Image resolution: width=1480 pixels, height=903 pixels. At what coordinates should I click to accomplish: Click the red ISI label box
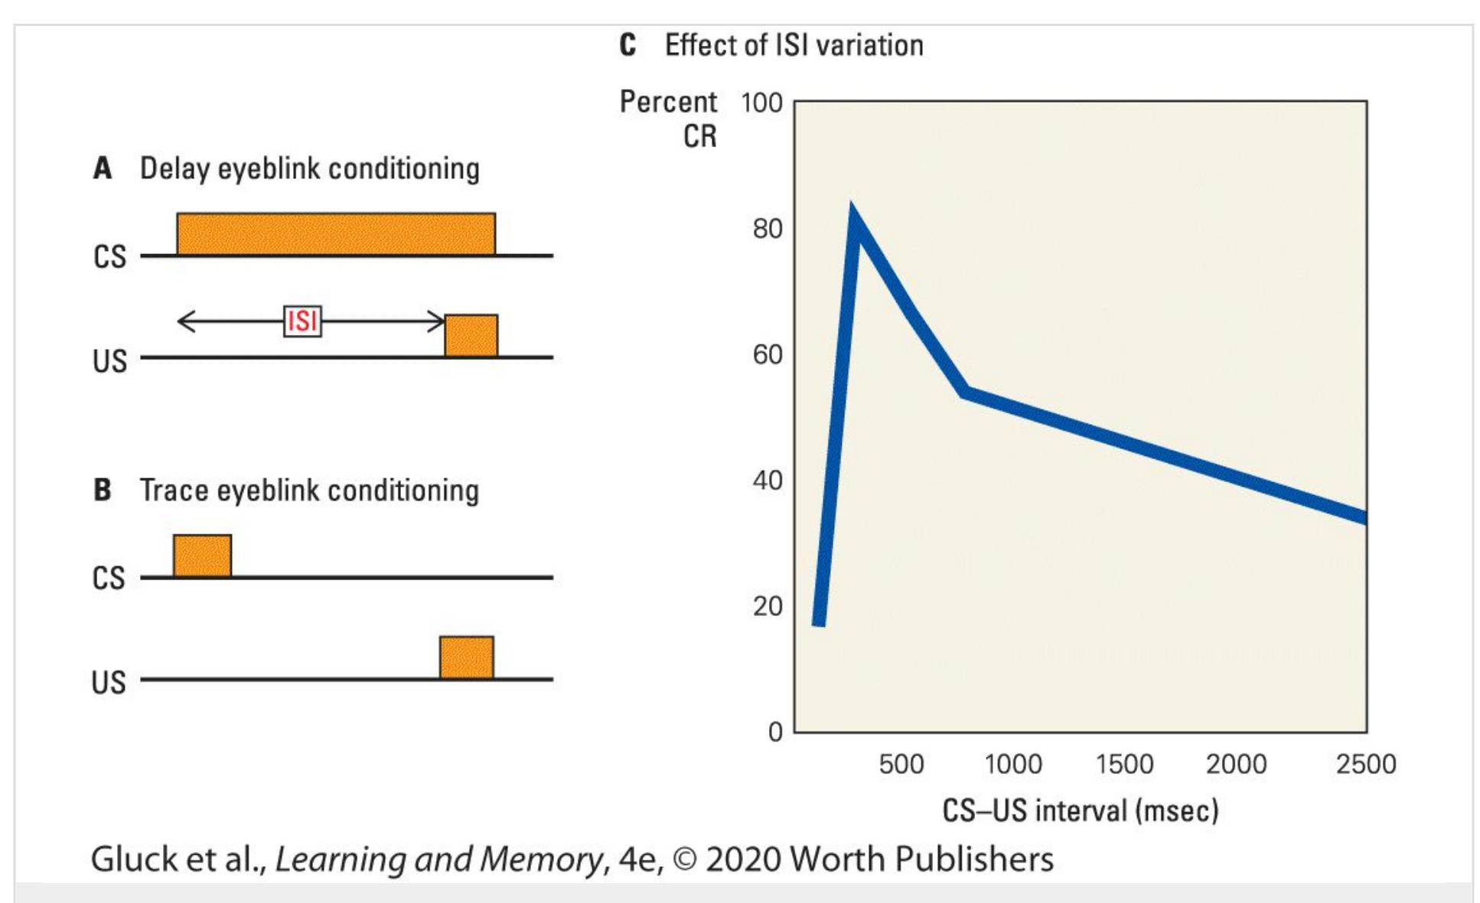(302, 321)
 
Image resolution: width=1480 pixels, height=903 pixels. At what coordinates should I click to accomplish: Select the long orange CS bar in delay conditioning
(336, 233)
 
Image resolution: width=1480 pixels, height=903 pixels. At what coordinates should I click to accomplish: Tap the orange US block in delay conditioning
(471, 335)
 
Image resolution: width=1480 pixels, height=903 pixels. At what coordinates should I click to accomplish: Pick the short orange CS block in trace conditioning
(202, 556)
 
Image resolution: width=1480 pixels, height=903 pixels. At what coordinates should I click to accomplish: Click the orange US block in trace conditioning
(467, 657)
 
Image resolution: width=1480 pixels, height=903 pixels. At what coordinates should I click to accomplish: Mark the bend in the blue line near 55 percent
(966, 393)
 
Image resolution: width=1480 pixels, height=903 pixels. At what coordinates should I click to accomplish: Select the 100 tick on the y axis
(761, 103)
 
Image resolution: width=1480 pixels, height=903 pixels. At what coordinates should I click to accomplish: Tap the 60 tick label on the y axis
(767, 355)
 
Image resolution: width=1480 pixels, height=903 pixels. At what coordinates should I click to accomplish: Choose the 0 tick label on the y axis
(775, 732)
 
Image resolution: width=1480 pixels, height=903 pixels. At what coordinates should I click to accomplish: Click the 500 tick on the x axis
(901, 764)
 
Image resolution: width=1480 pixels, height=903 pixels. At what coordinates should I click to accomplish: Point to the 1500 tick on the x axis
(1124, 764)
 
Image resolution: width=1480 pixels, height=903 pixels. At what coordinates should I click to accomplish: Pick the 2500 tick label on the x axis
(1366, 764)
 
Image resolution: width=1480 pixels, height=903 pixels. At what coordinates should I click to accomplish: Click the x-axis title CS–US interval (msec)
(1080, 810)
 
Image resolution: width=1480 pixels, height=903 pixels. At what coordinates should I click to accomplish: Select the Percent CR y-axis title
(668, 119)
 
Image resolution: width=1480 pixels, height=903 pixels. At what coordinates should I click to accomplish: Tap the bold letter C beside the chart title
(628, 45)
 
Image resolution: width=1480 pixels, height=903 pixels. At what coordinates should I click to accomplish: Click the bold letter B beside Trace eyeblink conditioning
(103, 490)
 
